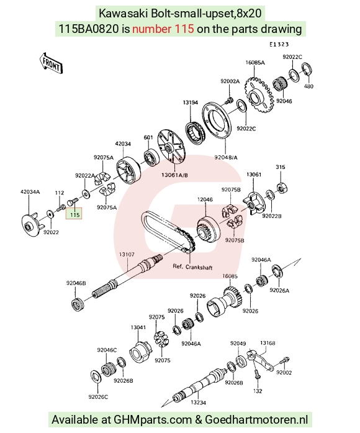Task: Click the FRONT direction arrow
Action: click(51, 63)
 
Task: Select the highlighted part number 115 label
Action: click(74, 214)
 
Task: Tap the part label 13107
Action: click(127, 254)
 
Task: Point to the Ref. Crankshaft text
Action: click(192, 267)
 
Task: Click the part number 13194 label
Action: click(191, 103)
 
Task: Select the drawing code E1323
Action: click(279, 44)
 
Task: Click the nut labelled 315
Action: click(281, 188)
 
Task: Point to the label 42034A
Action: click(30, 191)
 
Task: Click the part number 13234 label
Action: click(198, 403)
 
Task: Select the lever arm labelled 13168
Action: click(260, 361)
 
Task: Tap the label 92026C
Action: click(98, 397)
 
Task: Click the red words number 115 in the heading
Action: click(163, 29)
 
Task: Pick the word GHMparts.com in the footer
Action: click(153, 420)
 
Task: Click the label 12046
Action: click(205, 199)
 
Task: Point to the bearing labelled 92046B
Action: click(76, 304)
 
